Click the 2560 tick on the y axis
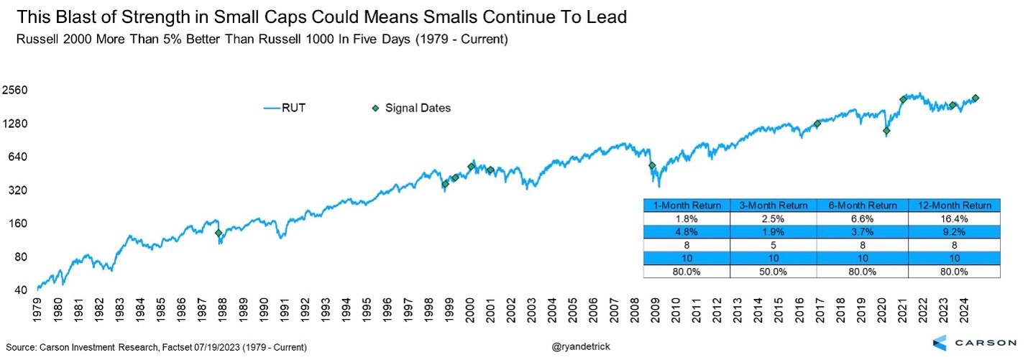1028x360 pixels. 15,91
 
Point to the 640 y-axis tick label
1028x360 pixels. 18,157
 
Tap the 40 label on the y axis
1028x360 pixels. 21,290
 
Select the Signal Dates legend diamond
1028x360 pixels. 375,108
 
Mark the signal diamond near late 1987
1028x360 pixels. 219,233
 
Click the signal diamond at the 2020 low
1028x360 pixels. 886,131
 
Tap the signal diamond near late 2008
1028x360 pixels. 652,166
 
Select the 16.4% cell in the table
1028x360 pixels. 953,218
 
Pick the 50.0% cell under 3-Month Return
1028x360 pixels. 774,272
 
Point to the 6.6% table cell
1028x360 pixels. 863,218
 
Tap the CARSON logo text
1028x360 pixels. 984,342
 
